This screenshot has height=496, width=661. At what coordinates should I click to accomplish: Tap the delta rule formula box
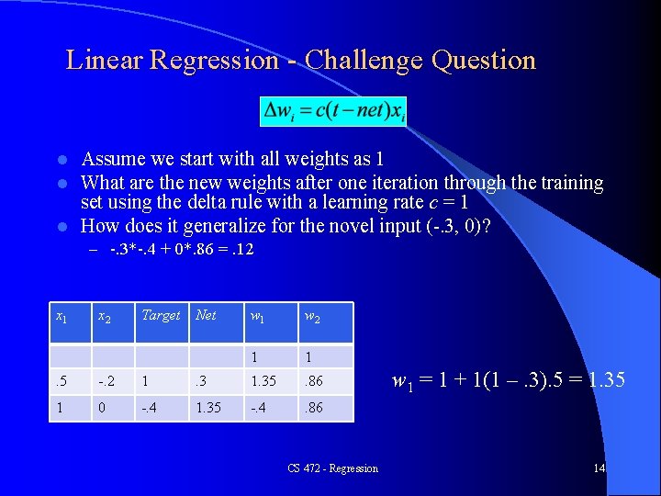click(334, 112)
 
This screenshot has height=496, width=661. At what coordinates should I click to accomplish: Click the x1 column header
click(62, 317)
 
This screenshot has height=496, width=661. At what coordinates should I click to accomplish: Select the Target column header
click(161, 315)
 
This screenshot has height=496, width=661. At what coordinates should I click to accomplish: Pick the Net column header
click(207, 315)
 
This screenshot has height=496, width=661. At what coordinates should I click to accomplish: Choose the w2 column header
click(314, 317)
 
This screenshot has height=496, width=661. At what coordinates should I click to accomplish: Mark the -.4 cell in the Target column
click(150, 406)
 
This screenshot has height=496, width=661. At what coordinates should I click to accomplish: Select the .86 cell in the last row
click(314, 406)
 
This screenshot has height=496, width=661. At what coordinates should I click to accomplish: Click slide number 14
click(599, 468)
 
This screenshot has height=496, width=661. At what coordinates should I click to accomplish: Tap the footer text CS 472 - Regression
click(332, 468)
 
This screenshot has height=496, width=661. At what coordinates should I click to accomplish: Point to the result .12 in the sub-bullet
click(243, 249)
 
